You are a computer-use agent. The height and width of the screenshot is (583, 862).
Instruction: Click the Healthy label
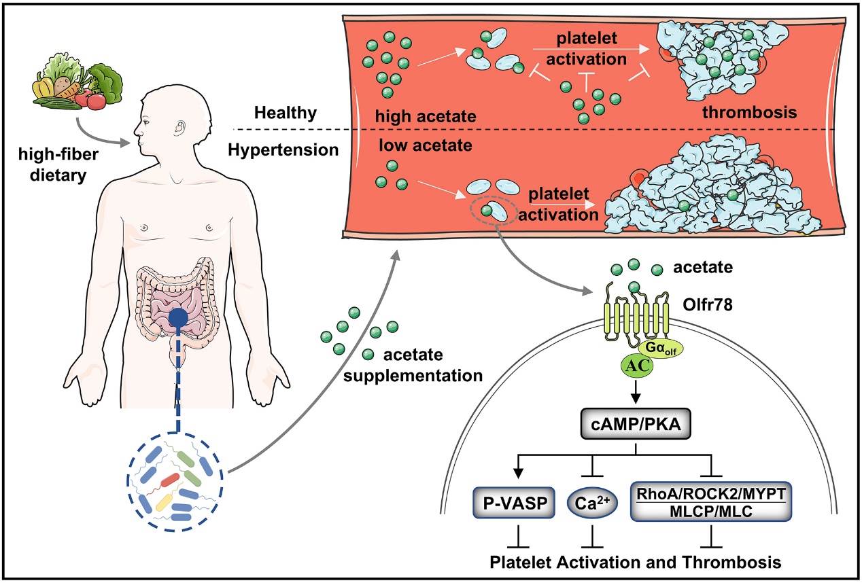(x=286, y=113)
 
